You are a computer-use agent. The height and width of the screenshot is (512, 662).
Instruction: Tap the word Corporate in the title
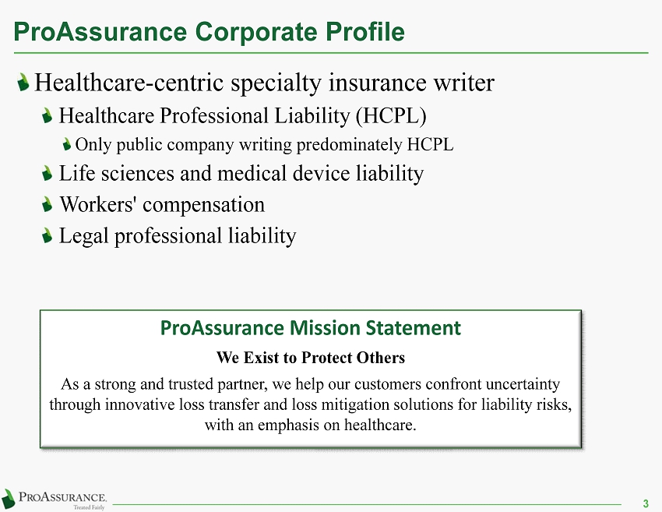point(256,32)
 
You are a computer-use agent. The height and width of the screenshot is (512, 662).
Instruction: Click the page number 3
point(646,503)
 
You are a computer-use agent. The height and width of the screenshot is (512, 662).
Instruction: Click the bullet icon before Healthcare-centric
point(23,82)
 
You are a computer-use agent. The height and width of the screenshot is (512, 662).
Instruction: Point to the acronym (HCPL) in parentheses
point(391,116)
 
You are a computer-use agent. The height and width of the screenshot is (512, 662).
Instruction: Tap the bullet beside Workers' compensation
point(48,205)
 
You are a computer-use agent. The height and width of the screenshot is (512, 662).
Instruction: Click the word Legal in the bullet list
point(83,236)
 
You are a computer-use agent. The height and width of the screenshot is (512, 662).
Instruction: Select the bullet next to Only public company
point(67,145)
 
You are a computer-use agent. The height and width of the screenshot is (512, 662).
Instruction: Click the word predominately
point(349,145)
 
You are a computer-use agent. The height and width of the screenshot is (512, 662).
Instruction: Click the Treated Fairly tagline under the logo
point(89,507)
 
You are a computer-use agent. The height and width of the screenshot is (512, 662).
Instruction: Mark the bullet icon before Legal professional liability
point(48,235)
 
